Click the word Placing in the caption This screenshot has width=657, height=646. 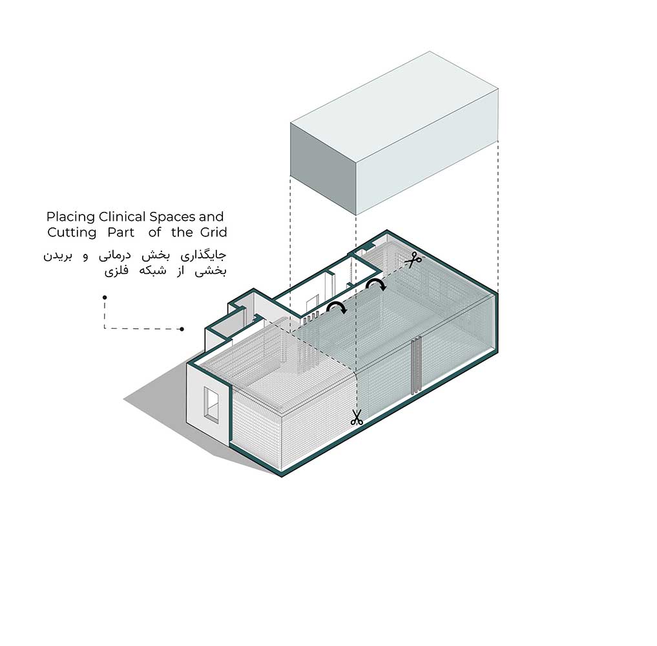(70, 218)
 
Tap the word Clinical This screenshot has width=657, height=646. (122, 217)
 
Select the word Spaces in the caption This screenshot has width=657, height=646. (172, 217)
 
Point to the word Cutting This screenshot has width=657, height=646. (72, 233)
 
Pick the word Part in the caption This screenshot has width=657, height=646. (121, 233)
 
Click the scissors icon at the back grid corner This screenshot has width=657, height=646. (413, 260)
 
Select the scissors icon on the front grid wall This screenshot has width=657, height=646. (357, 418)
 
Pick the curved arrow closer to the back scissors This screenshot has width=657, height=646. (376, 284)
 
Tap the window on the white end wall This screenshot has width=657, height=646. (211, 403)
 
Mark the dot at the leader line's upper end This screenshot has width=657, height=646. (105, 297)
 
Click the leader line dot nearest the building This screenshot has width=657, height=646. (182, 329)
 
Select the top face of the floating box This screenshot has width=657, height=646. (394, 107)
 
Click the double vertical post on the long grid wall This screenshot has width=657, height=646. (416, 365)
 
